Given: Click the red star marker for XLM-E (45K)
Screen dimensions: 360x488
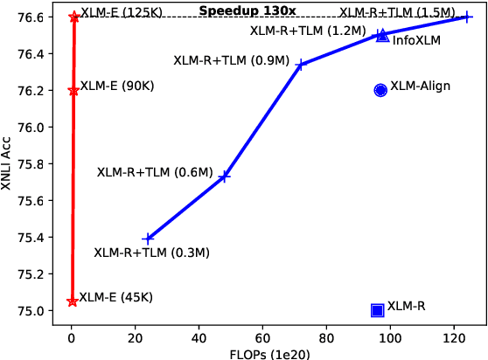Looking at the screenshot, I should click(72, 301).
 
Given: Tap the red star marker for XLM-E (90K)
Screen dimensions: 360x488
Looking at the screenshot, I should click(73, 90).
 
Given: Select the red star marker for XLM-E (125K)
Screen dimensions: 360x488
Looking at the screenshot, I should click(73, 17).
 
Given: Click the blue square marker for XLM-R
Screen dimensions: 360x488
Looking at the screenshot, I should click(378, 310).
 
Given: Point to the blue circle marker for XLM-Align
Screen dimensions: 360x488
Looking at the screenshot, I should click(380, 90).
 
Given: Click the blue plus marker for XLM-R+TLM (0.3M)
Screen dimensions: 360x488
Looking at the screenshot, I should click(148, 238).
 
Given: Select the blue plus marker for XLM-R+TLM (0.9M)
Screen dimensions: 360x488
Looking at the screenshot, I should click(300, 64).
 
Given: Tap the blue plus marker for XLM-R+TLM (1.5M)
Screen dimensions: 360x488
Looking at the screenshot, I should click(467, 17).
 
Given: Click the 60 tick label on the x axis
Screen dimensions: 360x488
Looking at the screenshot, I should click(262, 335).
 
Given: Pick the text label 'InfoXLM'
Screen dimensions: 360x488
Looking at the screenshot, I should click(416, 40).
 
